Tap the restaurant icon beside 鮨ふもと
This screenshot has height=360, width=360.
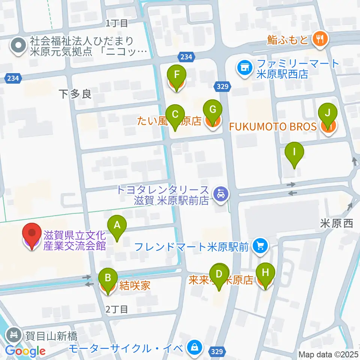pyautogui.click(x=319, y=39)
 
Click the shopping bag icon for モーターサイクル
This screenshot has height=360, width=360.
pyautogui.click(x=194, y=346)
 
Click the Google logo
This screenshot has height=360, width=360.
pyautogui.click(x=25, y=351)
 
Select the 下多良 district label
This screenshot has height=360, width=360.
pyautogui.click(x=75, y=94)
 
